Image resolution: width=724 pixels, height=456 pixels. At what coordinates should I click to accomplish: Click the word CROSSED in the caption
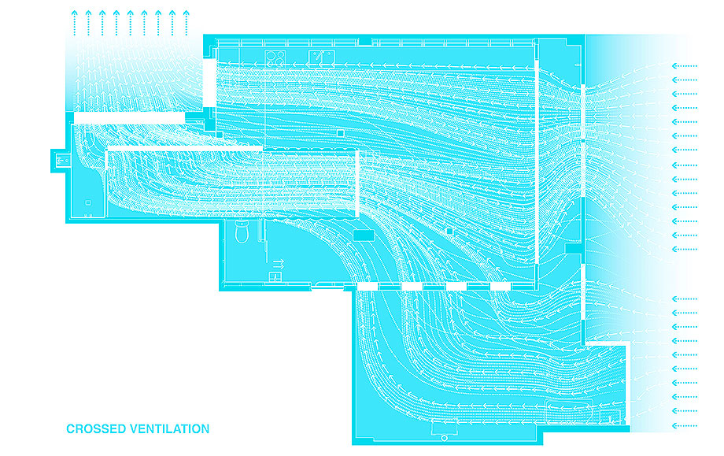[x=95, y=429]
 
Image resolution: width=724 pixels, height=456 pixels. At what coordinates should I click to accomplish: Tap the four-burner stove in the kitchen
[x=275, y=57]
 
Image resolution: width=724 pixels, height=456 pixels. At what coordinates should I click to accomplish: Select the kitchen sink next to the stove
[x=321, y=57]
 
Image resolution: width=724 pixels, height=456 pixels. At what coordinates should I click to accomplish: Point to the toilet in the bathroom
[x=242, y=232]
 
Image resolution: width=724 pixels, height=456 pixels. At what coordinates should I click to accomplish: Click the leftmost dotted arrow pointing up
[x=74, y=23]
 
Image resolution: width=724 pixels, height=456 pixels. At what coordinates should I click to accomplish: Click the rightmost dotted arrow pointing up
[x=186, y=23]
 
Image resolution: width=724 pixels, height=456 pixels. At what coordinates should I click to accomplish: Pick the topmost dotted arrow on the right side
[x=685, y=66]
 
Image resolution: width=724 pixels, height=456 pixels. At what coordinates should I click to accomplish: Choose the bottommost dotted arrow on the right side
[x=685, y=425]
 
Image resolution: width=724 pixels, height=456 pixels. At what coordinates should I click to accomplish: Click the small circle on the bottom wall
[x=444, y=438]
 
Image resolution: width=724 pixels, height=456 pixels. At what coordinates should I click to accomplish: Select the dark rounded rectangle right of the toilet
[x=364, y=235]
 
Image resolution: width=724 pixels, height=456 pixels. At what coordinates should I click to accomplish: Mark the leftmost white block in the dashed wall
[x=368, y=287]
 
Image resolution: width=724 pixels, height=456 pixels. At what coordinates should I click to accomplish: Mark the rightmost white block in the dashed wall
[x=501, y=287]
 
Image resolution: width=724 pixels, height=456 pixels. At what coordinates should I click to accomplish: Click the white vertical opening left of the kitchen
[x=209, y=83]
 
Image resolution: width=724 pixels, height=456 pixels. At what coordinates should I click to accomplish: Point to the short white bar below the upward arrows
[x=130, y=118]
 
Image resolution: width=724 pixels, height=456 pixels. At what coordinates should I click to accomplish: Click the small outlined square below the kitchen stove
[x=340, y=134]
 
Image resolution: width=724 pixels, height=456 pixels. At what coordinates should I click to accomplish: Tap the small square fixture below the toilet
[x=275, y=276]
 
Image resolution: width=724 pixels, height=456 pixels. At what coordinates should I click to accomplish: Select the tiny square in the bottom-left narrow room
[x=88, y=203]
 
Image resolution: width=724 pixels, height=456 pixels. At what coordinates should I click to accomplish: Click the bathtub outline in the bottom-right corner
[x=569, y=412]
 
